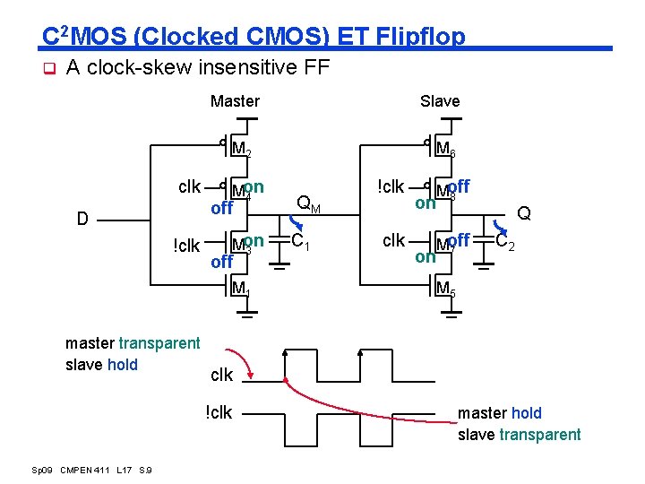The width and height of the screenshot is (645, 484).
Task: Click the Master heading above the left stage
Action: [235, 101]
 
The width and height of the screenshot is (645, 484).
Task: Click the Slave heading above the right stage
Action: [440, 101]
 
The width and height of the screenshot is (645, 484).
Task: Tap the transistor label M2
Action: [241, 149]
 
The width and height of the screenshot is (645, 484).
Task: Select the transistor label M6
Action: [445, 149]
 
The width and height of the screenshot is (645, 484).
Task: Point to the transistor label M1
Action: [240, 289]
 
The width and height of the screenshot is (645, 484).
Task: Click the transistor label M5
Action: [445, 289]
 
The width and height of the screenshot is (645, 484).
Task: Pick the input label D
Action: [82, 219]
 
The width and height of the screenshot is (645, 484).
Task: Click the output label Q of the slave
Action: [524, 213]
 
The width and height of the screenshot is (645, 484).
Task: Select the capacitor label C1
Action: [301, 241]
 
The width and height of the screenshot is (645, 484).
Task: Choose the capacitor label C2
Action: [506, 241]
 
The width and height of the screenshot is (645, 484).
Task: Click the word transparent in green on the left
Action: [159, 343]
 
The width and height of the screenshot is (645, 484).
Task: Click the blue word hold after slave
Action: [123, 365]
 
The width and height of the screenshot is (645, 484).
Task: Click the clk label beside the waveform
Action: [221, 375]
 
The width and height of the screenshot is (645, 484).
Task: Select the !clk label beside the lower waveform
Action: [219, 412]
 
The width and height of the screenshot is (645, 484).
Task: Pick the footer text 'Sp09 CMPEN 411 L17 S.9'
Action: [91, 470]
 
